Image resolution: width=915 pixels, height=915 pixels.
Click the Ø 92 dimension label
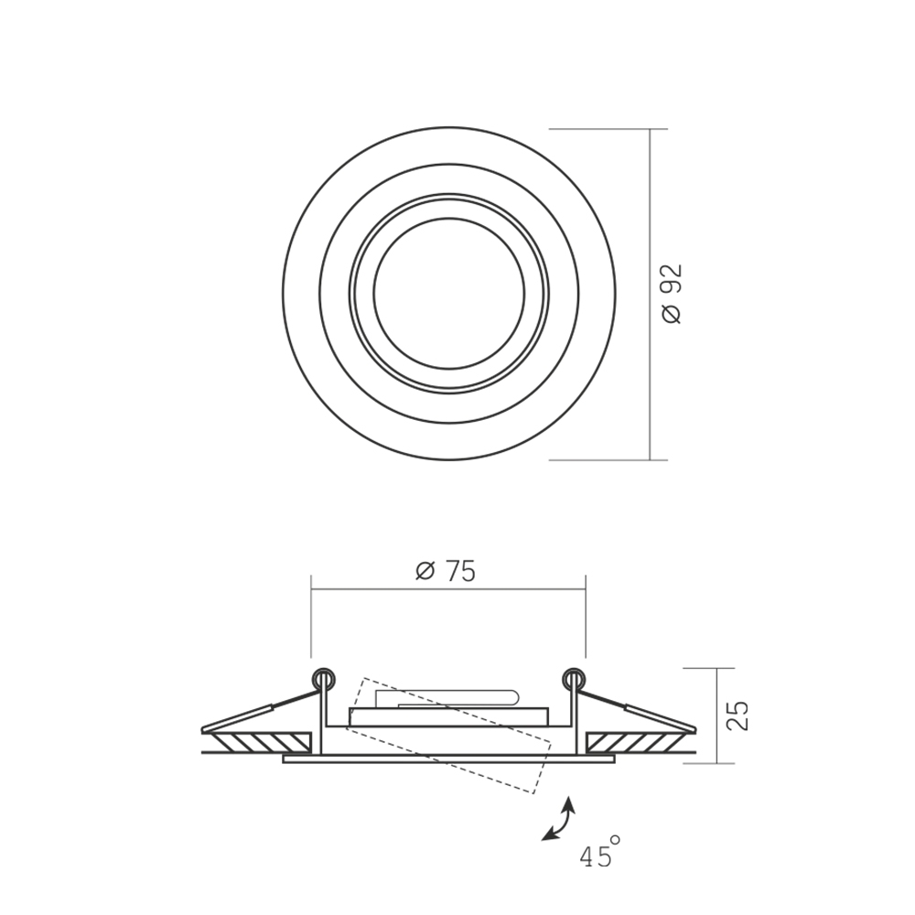click(x=672, y=294)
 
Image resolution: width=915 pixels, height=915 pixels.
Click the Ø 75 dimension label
click(x=446, y=571)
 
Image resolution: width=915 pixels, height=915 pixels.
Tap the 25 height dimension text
click(x=737, y=716)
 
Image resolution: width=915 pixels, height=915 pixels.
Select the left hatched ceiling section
click(x=261, y=742)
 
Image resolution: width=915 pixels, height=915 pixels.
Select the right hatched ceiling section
click(x=636, y=742)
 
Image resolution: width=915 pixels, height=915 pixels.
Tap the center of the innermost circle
click(x=448, y=294)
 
